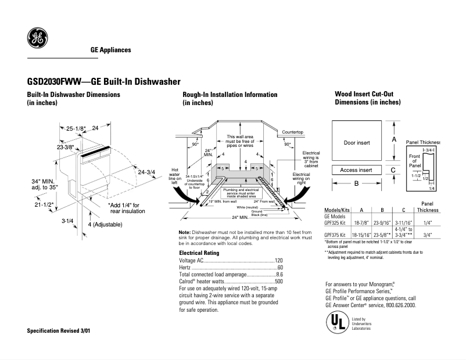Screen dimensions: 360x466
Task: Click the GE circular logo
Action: point(37,39)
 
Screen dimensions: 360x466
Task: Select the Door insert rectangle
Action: point(356,142)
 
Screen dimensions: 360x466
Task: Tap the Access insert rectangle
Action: point(356,170)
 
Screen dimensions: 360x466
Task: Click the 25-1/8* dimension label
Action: point(76,128)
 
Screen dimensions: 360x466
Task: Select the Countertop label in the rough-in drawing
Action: point(293,132)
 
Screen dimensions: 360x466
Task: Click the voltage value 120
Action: point(278,261)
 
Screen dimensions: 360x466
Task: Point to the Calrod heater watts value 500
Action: point(278,281)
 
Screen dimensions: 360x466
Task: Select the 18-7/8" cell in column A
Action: point(362,222)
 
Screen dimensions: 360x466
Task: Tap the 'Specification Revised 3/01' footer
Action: point(59,330)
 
